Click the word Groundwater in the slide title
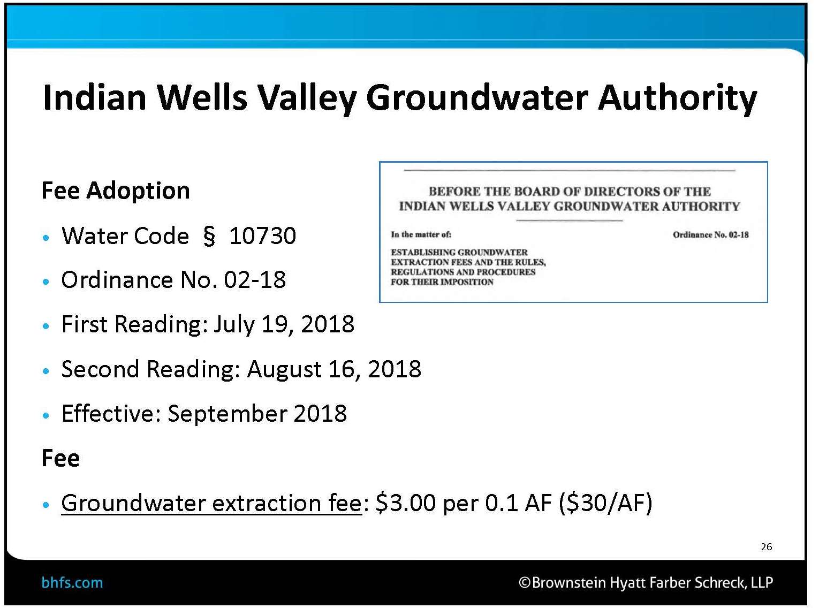coord(477,97)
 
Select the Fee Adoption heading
coord(116,191)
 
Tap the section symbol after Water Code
coord(209,236)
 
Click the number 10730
coord(262,236)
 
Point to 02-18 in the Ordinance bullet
coord(255,280)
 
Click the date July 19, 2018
coord(284,325)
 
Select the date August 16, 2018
coord(334,369)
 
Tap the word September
coord(227,414)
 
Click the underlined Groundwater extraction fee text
coord(211,503)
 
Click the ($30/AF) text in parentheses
coord(605,503)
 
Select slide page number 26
coord(766,547)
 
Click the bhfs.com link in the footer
coord(72,583)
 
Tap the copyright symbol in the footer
coord(525,583)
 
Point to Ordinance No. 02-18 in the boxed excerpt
coord(710,235)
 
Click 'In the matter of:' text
coord(421,234)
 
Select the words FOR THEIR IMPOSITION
coord(442,282)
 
